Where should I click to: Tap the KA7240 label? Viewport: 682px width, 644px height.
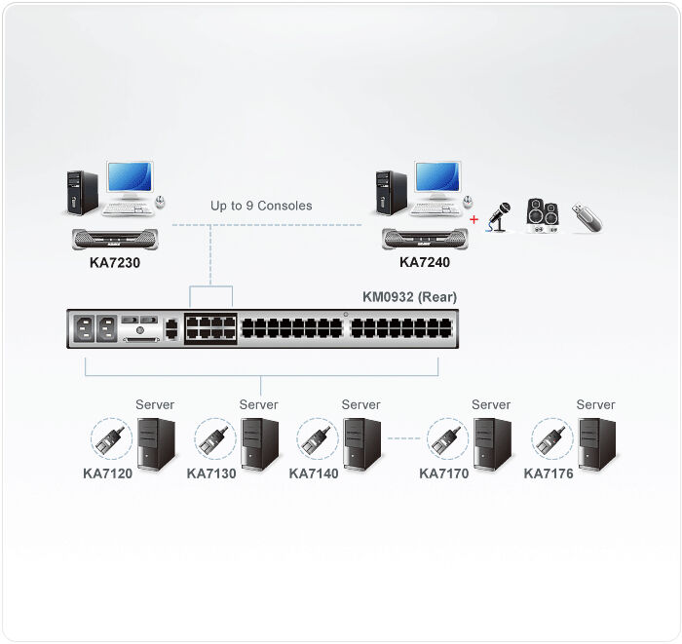coord(425,262)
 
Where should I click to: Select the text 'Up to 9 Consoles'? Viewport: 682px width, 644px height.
coord(261,206)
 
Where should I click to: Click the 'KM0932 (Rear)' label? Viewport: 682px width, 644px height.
coord(409,297)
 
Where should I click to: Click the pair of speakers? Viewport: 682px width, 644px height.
coord(542,215)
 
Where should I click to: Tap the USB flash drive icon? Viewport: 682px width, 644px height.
coord(587,216)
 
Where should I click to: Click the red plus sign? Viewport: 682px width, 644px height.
coord(474,219)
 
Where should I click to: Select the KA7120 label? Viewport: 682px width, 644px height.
coord(108,474)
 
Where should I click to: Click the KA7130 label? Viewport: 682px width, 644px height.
coord(211,474)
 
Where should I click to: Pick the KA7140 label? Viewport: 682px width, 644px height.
coord(314,474)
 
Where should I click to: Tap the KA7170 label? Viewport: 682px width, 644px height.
coord(444,474)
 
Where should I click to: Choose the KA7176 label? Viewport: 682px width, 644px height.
coord(549,474)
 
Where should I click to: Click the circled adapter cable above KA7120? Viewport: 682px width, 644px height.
coord(110,439)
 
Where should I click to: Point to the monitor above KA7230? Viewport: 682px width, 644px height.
coord(130,181)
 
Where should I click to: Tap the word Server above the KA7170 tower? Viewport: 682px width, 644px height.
coord(491,404)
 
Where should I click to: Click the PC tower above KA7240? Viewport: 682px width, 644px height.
coord(391,192)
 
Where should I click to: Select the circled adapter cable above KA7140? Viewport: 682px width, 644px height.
coord(317,439)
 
